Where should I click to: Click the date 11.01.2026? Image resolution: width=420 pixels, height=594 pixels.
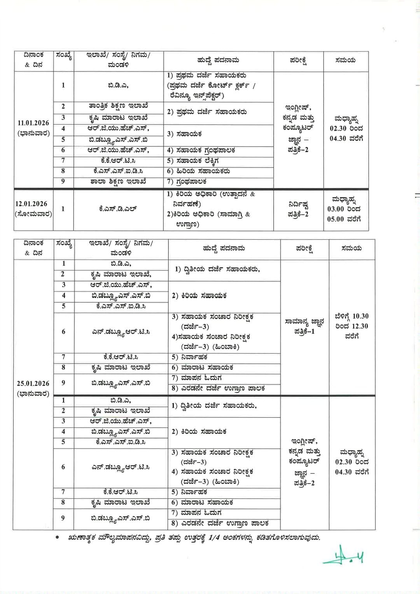(x=33, y=123)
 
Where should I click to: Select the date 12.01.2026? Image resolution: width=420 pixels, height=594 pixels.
(x=31, y=204)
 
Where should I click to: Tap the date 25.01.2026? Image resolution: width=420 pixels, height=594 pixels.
(x=33, y=384)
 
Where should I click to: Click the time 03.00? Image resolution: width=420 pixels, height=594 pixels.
(x=336, y=209)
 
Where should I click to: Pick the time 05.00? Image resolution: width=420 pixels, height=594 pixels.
(x=336, y=219)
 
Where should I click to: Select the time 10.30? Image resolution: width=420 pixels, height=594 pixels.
(x=360, y=316)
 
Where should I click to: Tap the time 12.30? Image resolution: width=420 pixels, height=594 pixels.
(x=360, y=326)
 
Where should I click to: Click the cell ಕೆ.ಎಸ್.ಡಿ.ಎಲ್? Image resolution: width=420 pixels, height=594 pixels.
(x=118, y=209)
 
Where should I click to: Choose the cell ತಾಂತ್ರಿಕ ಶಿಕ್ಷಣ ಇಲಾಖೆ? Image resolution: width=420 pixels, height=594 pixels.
(x=118, y=106)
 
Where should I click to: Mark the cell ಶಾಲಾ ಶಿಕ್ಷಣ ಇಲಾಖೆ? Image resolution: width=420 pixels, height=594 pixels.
(x=118, y=181)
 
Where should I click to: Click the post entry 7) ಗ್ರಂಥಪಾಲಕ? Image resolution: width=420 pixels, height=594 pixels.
(x=187, y=181)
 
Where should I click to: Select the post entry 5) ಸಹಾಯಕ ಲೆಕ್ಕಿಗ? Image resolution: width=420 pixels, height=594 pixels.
(x=193, y=160)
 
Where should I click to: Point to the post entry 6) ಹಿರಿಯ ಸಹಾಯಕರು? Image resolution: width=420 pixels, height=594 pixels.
(x=198, y=171)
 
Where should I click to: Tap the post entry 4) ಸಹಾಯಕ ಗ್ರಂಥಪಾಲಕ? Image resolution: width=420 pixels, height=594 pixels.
(x=201, y=150)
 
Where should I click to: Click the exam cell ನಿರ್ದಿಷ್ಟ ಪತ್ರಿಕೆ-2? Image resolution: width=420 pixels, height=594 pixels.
(x=298, y=209)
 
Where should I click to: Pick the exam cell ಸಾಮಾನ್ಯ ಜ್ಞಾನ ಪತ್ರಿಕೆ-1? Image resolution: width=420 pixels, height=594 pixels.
(x=304, y=326)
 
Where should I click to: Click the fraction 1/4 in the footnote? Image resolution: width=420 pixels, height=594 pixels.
(x=215, y=538)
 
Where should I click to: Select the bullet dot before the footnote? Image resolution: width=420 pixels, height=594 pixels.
(x=58, y=538)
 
